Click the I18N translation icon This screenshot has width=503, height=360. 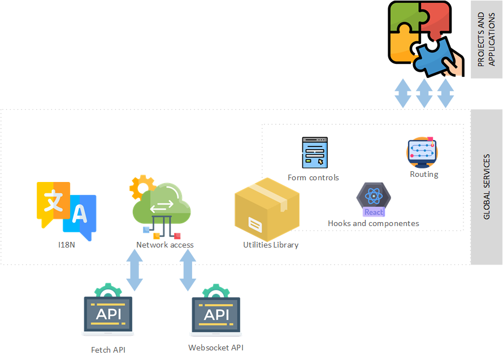[x=66, y=207]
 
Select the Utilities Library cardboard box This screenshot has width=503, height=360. [x=267, y=209]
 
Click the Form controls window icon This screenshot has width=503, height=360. [x=315, y=153]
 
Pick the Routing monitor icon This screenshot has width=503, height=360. [x=422, y=153]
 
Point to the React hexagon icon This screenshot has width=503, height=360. [x=374, y=199]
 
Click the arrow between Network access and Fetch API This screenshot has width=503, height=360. [x=135, y=270]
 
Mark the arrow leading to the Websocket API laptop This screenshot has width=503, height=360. [x=188, y=270]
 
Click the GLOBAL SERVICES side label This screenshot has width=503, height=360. [x=487, y=187]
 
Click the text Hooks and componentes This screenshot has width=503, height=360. [x=374, y=223]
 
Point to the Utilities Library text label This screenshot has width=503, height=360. [x=271, y=245]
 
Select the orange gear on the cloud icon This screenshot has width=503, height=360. [x=142, y=187]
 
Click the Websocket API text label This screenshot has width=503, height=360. [x=216, y=348]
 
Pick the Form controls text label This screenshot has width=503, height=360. [x=313, y=177]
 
